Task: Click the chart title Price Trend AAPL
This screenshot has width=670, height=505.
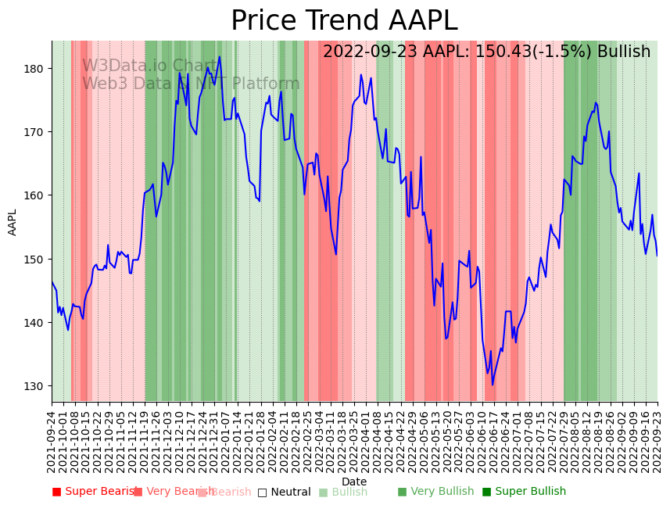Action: [x=344, y=21]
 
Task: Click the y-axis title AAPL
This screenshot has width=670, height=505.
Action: [x=13, y=222]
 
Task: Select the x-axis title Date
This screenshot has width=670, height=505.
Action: [x=354, y=482]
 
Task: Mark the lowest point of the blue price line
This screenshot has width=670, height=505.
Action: [x=493, y=385]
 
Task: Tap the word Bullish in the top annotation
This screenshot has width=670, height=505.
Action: [x=624, y=52]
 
